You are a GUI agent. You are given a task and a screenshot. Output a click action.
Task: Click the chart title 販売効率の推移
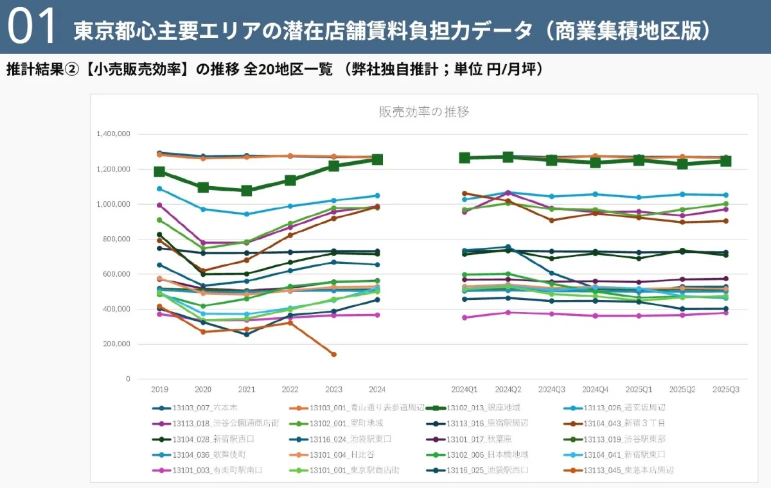pos(423,112)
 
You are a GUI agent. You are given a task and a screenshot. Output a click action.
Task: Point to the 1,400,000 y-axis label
pos(114,134)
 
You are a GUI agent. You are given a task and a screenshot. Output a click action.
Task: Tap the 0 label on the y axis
pos(128,379)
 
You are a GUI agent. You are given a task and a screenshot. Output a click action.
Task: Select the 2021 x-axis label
pos(247,389)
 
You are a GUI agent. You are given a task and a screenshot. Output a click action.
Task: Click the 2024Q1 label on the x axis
pos(465,389)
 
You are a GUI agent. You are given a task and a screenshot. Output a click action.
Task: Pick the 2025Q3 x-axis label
pos(725,389)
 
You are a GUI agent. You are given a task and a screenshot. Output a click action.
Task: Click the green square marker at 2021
pos(247,191)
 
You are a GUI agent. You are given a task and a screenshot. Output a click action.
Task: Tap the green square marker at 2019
pos(159,172)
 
